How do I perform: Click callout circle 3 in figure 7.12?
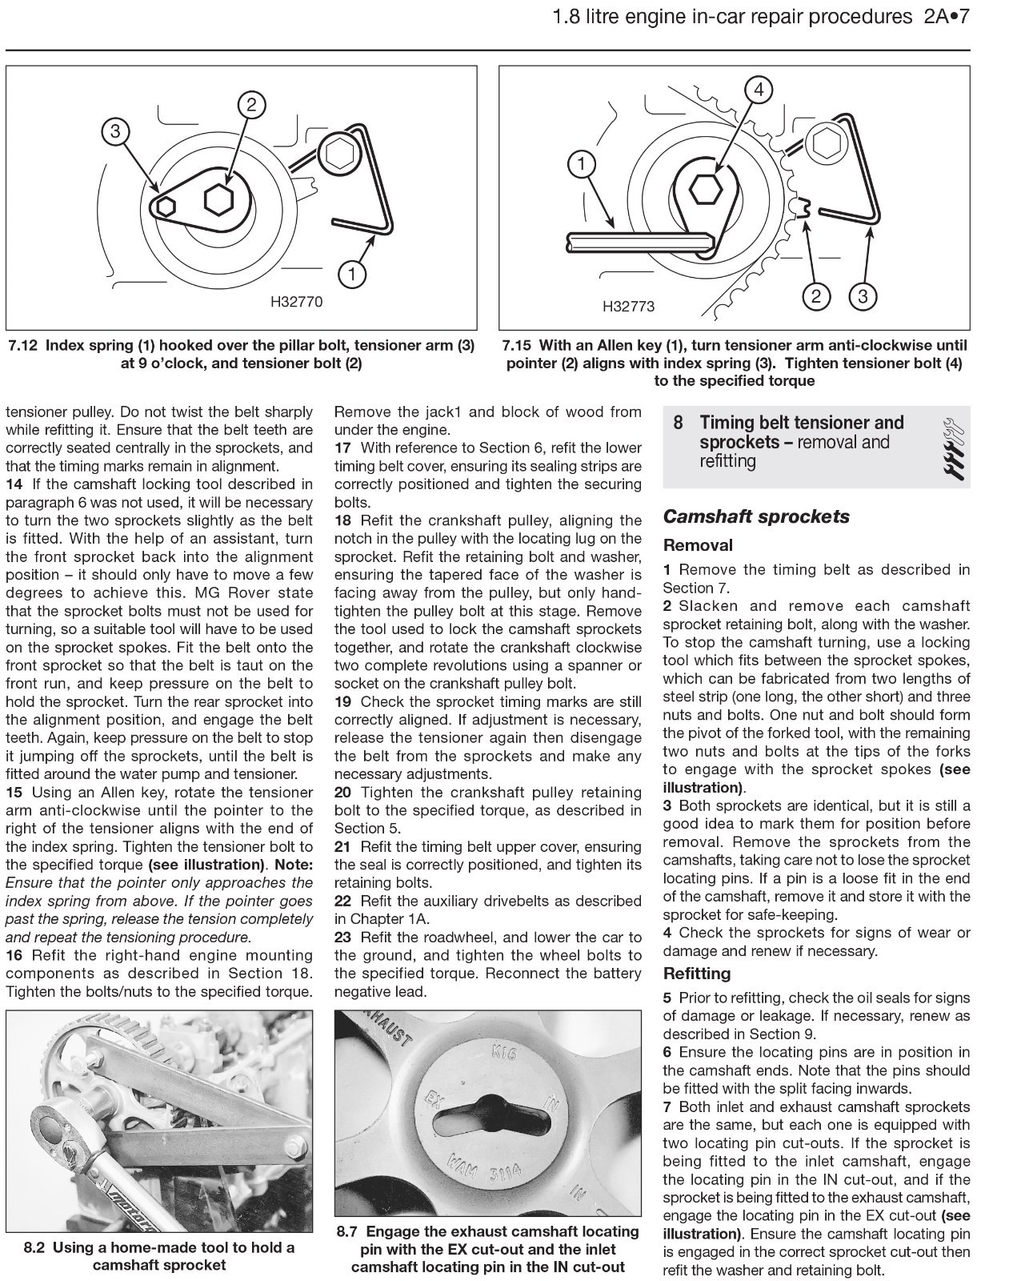click(115, 131)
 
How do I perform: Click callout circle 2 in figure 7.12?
click(250, 105)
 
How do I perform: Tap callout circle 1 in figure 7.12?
click(351, 275)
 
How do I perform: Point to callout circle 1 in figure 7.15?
click(582, 164)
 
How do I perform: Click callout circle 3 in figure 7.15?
click(863, 297)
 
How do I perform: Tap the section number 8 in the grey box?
click(678, 423)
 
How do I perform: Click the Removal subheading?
click(698, 545)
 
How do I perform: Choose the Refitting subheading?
click(697, 974)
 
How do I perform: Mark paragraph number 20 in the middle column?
click(343, 793)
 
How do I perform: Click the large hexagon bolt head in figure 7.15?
click(705, 189)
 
